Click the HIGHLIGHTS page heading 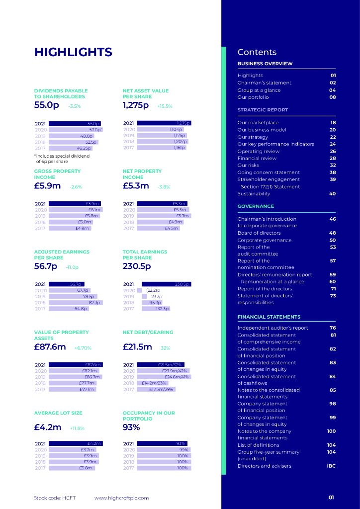[x=73, y=52]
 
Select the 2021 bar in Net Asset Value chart [x=164, y=123]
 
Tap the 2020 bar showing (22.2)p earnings [x=140, y=290]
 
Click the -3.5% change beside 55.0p [x=74, y=106]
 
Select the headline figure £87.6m [x=50, y=347]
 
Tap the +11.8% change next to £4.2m [x=77, y=428]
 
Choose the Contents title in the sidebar [x=257, y=52]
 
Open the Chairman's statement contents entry [x=265, y=83]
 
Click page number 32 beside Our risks [x=333, y=165]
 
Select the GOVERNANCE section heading [x=256, y=206]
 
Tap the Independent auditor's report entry [x=272, y=328]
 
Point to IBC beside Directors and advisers [x=331, y=466]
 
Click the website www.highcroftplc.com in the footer [x=121, y=498]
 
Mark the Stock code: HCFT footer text [x=55, y=498]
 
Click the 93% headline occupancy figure [x=131, y=427]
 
